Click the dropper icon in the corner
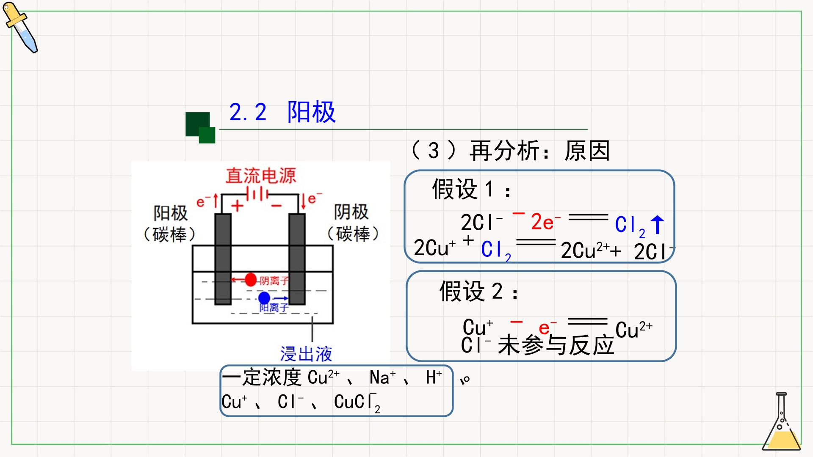(x=20, y=27)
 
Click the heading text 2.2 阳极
(x=282, y=112)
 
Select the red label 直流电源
(x=260, y=176)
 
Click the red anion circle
(x=251, y=280)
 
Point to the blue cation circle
(x=264, y=298)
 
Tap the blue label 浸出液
(x=306, y=354)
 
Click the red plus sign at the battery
(x=238, y=206)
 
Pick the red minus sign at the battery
(x=277, y=206)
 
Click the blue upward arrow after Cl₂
(x=657, y=225)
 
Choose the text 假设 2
(x=478, y=291)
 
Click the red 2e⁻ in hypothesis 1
(x=546, y=222)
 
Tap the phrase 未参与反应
(x=556, y=345)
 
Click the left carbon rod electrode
(x=223, y=259)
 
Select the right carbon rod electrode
(x=297, y=259)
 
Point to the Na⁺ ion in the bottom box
(x=382, y=377)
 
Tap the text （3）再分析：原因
(x=510, y=151)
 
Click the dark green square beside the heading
(x=198, y=124)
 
